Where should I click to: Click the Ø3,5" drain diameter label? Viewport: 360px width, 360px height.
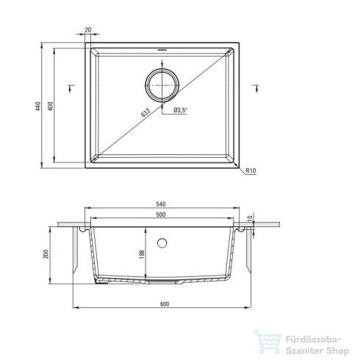(x=181, y=109)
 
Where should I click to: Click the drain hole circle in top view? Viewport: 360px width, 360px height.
(x=162, y=86)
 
